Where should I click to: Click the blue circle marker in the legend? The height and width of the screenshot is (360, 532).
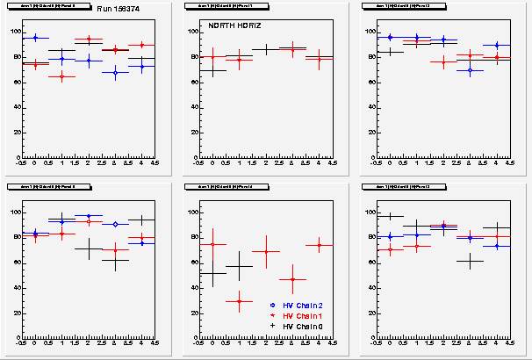273,305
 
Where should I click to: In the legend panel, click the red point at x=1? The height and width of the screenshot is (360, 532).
240,301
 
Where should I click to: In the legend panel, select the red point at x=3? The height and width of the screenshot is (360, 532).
293,279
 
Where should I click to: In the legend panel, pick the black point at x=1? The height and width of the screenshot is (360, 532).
240,266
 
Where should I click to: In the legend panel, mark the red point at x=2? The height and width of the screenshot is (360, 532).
266,252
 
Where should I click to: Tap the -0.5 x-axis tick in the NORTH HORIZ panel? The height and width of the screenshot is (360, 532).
200,163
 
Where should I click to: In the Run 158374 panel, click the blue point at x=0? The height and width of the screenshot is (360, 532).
35,38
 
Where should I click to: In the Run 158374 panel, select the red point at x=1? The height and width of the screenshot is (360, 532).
61,77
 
